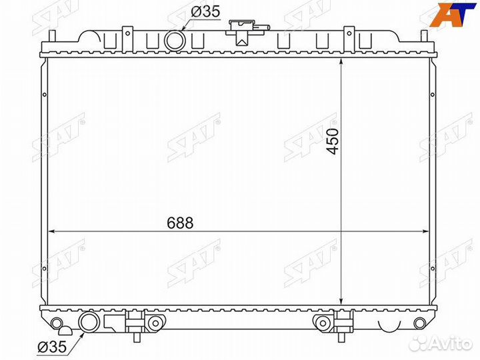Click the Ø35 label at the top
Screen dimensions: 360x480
(x=206, y=12)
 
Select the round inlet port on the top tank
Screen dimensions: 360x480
(x=175, y=41)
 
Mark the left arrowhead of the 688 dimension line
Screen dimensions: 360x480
(x=51, y=232)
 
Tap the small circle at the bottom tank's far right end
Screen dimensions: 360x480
(x=419, y=323)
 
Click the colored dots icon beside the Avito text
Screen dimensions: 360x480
(x=419, y=343)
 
